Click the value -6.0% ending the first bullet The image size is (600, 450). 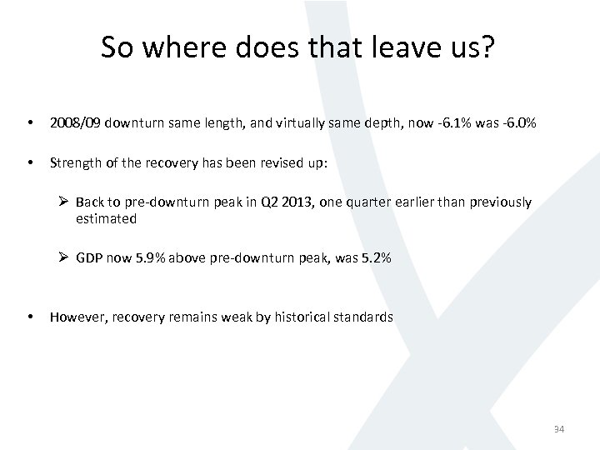[518, 124]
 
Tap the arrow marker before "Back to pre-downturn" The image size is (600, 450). [64, 202]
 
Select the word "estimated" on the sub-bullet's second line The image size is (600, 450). [106, 218]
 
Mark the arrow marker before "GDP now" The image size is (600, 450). [64, 258]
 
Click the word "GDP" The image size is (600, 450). [89, 258]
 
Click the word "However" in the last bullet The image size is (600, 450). [77, 317]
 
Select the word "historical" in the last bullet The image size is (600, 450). [303, 317]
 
